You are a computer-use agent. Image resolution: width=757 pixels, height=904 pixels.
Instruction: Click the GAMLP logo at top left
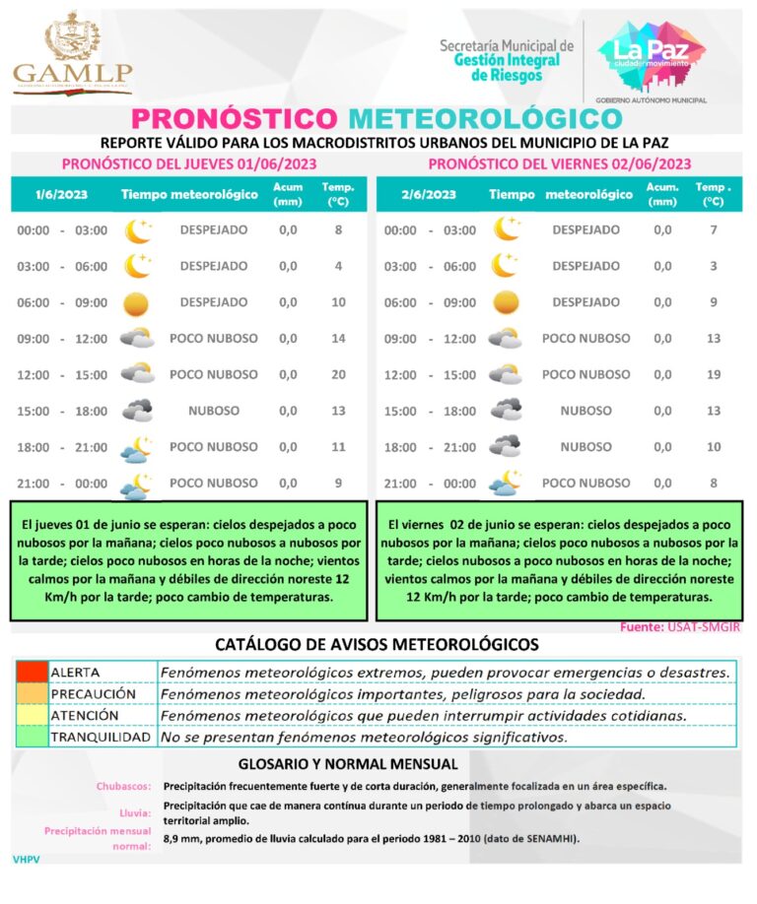(73, 53)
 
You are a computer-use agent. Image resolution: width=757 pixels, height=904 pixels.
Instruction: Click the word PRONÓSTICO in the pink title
(236, 118)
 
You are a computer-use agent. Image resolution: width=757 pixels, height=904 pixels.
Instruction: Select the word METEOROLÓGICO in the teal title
(485, 118)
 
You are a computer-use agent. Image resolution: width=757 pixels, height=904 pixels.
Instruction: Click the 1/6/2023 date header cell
(61, 194)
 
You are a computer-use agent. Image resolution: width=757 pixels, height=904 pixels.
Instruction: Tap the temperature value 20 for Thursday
(338, 374)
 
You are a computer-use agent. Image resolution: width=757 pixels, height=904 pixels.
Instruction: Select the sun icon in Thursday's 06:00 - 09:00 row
(137, 302)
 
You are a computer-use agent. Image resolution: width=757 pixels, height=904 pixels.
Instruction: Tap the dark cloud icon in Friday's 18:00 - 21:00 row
(507, 446)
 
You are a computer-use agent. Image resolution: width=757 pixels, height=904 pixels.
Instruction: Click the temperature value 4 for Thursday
(338, 266)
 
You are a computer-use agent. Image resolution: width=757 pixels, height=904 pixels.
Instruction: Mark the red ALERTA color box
(31, 672)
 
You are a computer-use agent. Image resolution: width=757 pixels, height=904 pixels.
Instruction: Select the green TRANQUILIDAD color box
(31, 737)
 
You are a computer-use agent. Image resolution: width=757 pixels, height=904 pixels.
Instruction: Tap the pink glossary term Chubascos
(123, 787)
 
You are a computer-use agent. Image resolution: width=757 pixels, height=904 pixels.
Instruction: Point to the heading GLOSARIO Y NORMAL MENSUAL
(348, 763)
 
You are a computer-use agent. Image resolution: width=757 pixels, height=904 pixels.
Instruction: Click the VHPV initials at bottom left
(26, 860)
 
